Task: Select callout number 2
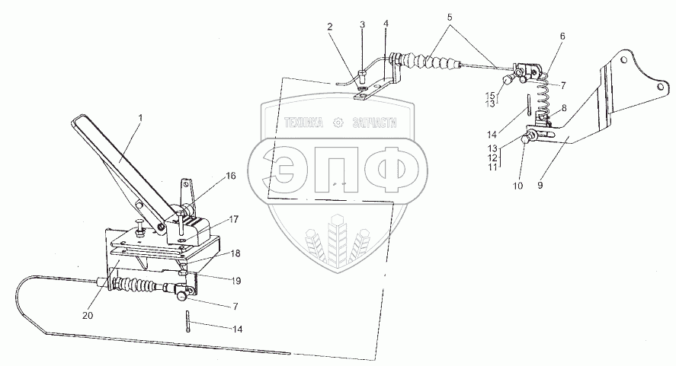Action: (x=331, y=27)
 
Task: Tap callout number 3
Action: (x=363, y=25)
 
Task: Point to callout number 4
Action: (x=386, y=25)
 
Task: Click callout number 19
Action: (x=237, y=280)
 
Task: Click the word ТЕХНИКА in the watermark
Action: (x=304, y=122)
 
